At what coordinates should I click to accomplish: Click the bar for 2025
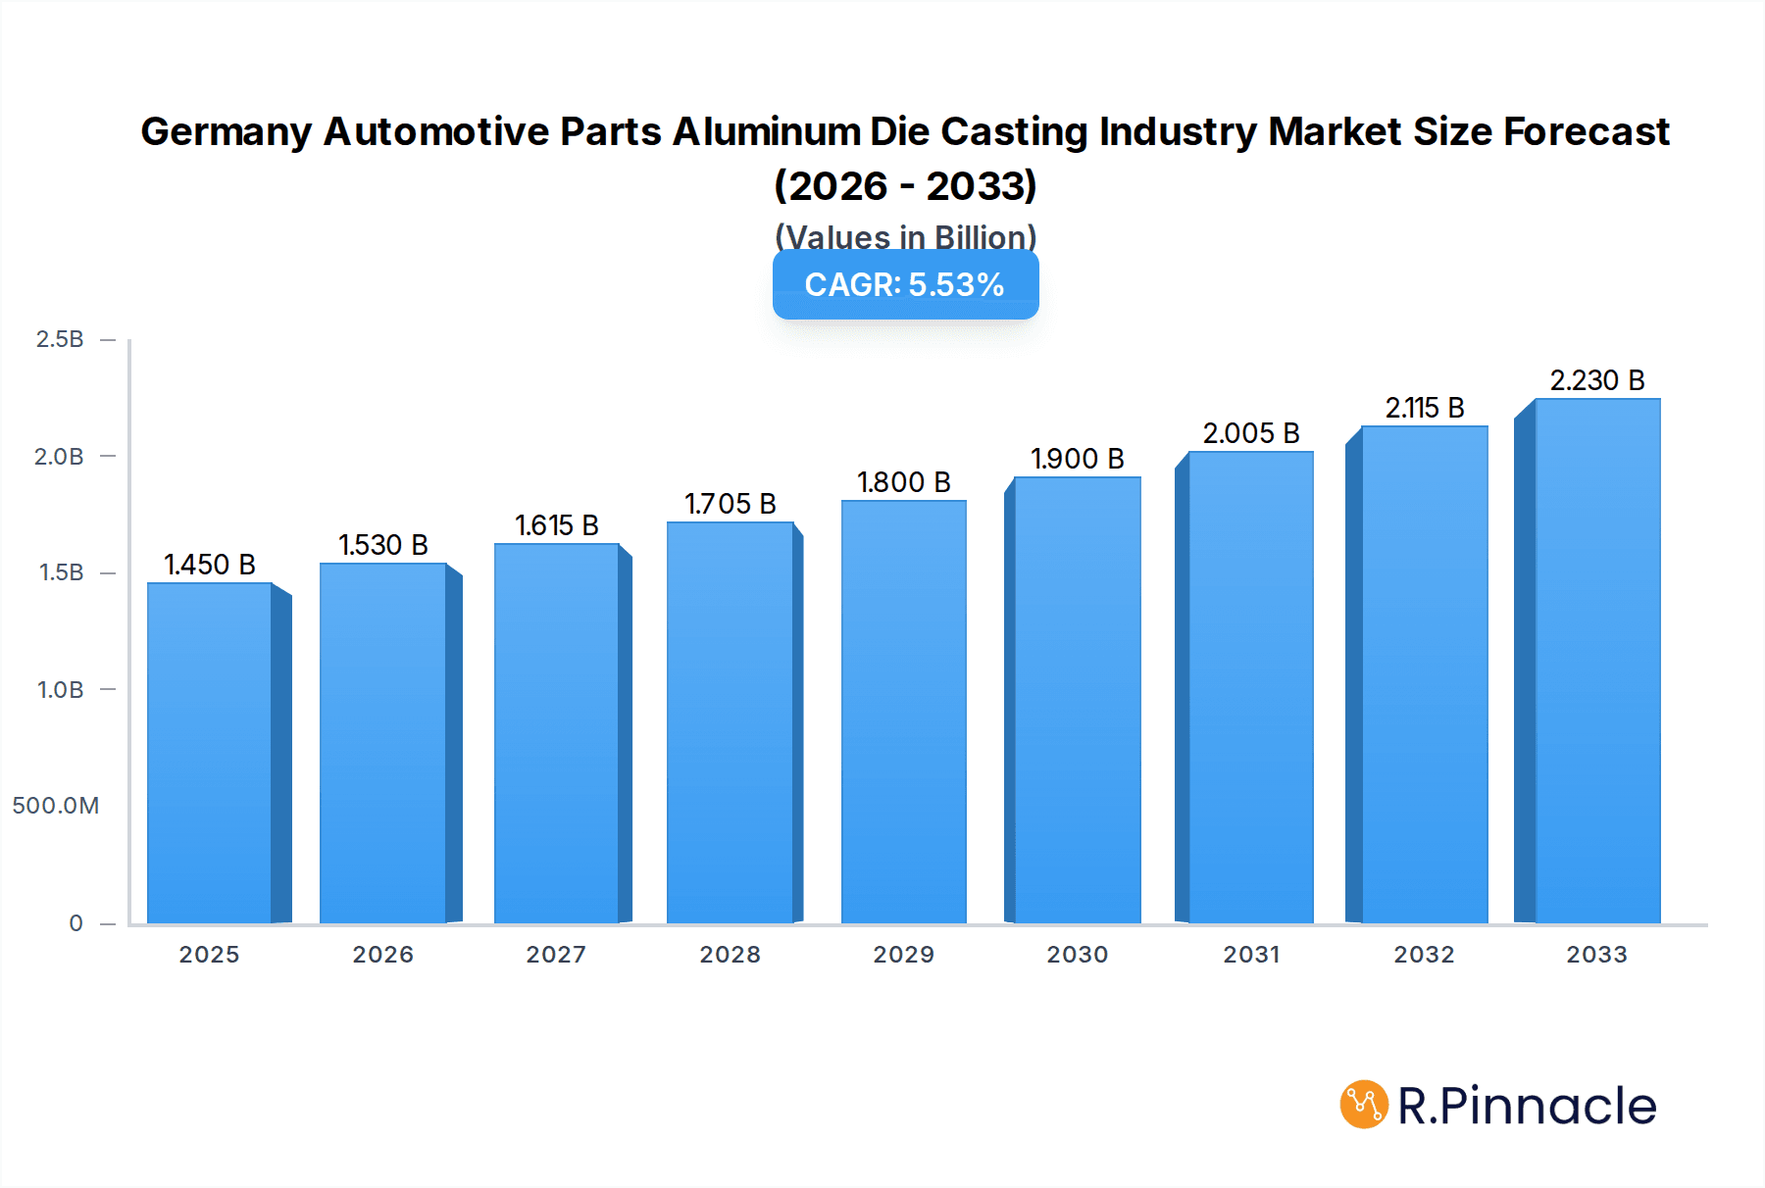click(x=210, y=753)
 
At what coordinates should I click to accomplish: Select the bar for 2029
click(x=903, y=712)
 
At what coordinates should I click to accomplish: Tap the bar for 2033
click(x=1597, y=661)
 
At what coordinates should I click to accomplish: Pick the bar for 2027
click(x=556, y=733)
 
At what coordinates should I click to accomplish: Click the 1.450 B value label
click(x=210, y=565)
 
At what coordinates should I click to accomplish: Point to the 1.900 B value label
click(x=1077, y=459)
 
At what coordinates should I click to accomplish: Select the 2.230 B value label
click(x=1596, y=380)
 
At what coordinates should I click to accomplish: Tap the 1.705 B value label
click(x=730, y=504)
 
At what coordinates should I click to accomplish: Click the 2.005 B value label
click(x=1250, y=433)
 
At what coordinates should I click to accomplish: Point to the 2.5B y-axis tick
click(x=60, y=339)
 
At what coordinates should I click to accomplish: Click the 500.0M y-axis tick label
click(x=56, y=806)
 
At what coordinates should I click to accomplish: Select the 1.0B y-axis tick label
click(x=60, y=690)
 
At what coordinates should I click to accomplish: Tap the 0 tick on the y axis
click(x=76, y=923)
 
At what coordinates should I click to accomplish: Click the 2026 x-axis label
click(x=382, y=955)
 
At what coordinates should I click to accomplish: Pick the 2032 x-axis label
click(x=1424, y=955)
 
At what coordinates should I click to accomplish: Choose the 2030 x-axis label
click(x=1077, y=955)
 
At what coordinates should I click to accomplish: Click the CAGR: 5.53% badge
click(x=905, y=284)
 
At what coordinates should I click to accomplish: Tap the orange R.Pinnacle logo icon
click(x=1363, y=1105)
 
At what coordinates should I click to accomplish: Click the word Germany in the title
click(x=226, y=131)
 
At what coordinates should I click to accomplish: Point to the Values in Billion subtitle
click(x=905, y=237)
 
